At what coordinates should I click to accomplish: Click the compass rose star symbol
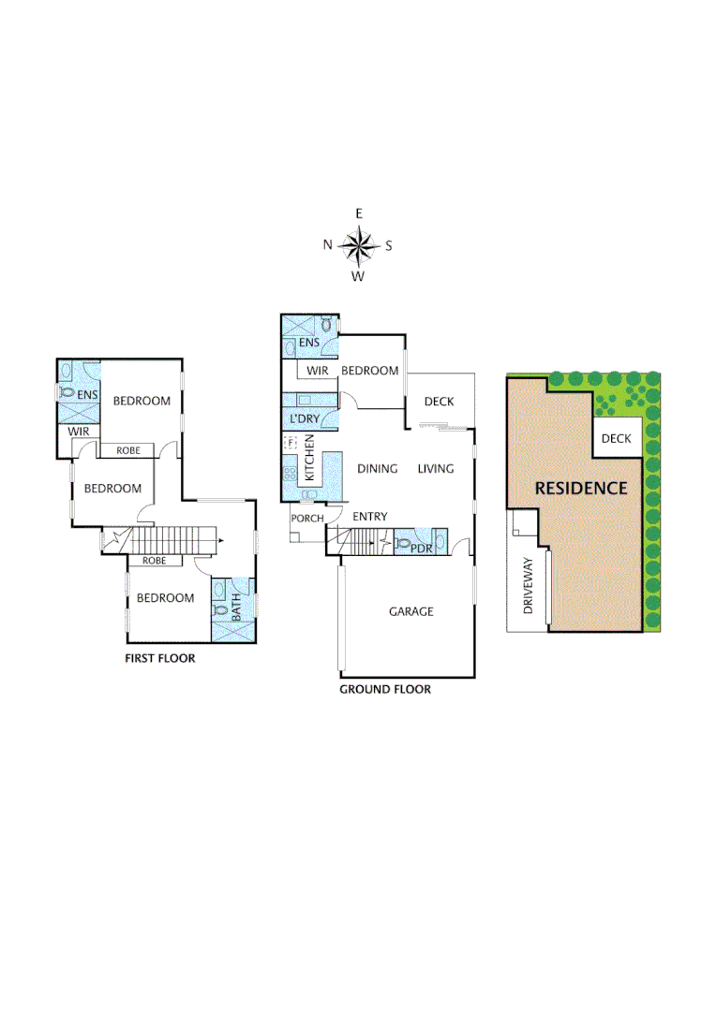(358, 245)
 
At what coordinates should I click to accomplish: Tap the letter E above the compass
(358, 214)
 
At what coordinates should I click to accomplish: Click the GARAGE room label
(411, 611)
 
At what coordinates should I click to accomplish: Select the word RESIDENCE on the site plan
(580, 488)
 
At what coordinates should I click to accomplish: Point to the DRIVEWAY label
(529, 586)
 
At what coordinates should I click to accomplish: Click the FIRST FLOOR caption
(160, 658)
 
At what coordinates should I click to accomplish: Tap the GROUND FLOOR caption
(385, 689)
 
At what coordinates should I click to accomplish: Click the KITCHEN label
(310, 463)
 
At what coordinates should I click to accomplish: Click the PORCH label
(306, 519)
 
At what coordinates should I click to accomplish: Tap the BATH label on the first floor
(236, 609)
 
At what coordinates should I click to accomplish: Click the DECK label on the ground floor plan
(439, 402)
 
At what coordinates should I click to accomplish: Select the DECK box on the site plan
(616, 438)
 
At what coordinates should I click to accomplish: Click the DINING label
(378, 469)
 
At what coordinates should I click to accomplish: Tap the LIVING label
(436, 469)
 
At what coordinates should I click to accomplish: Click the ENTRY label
(369, 517)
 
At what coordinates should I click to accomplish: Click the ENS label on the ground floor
(310, 344)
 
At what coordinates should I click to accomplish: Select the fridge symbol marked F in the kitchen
(290, 443)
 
